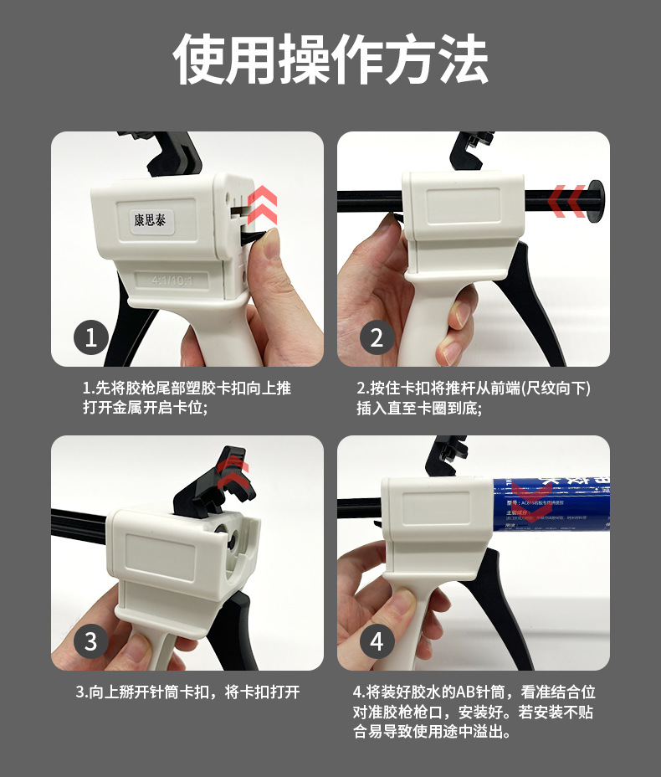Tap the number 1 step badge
point(91,337)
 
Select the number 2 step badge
point(377,337)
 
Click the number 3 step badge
point(91,641)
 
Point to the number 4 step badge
point(377,641)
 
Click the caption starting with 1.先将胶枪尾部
point(187,398)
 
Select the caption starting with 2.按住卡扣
point(474,398)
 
